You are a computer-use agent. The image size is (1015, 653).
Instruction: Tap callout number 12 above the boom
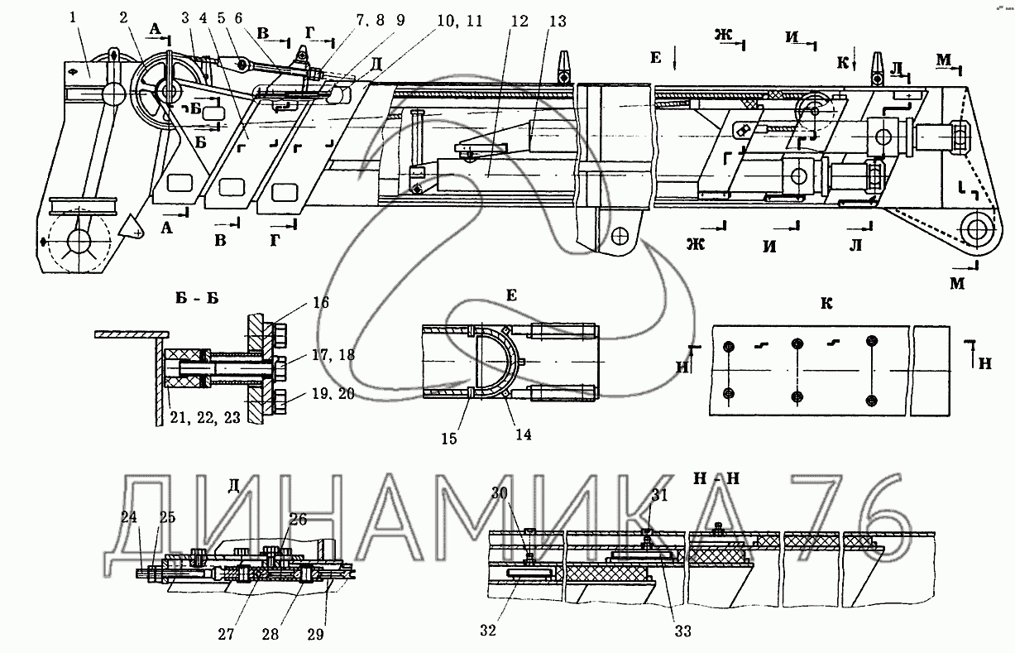click(x=519, y=22)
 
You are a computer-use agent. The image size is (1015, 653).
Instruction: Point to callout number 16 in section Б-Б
click(x=320, y=303)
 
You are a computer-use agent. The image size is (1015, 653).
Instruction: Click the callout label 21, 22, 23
click(x=206, y=418)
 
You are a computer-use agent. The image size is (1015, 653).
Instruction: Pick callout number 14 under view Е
click(x=523, y=433)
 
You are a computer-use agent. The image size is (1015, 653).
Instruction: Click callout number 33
click(x=682, y=631)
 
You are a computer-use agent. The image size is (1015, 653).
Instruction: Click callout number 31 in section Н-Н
click(x=659, y=494)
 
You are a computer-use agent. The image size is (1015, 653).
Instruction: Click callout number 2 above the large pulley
click(x=123, y=17)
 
